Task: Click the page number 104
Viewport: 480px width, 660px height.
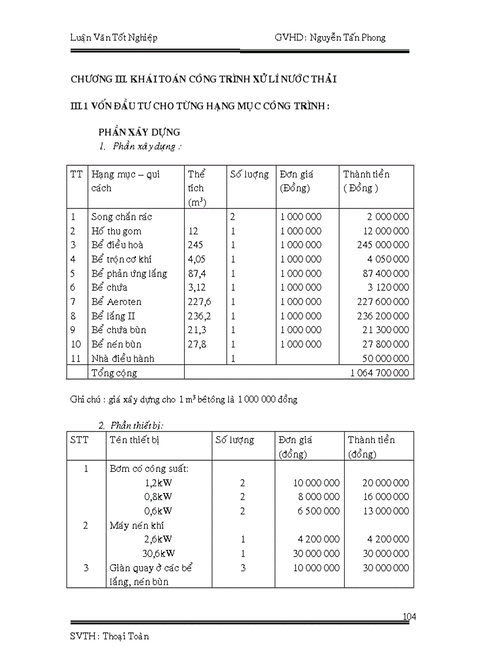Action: tap(409, 617)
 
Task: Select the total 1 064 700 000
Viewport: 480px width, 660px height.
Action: tap(379, 373)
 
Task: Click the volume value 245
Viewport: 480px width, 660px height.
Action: tap(195, 244)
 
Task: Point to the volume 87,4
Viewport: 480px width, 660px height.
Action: tap(197, 273)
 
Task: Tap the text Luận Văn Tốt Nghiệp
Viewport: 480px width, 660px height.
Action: tap(114, 38)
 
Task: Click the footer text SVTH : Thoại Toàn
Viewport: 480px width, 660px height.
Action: tap(109, 636)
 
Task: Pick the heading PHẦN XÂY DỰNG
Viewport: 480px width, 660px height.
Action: tap(139, 132)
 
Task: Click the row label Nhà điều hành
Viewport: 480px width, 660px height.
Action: tap(122, 358)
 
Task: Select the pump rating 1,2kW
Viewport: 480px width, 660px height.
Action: tap(158, 483)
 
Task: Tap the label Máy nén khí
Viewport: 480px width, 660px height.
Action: tap(136, 525)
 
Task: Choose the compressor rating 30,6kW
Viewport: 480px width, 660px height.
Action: tap(159, 553)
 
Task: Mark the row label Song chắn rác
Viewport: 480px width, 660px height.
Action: tap(121, 216)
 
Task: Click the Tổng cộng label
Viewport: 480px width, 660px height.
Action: tap(114, 373)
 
